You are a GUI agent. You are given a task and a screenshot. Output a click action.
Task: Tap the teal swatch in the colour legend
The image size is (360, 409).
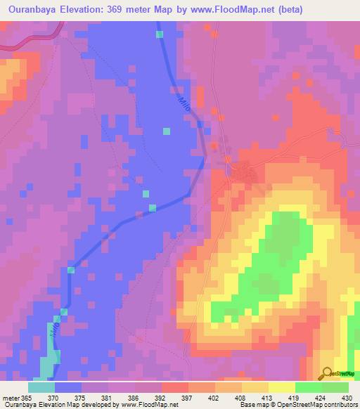[x=41, y=387]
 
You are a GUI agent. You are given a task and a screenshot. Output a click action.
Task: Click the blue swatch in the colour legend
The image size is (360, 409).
[x=68, y=387]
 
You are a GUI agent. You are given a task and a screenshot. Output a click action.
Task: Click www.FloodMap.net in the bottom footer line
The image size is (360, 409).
[x=148, y=405]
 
